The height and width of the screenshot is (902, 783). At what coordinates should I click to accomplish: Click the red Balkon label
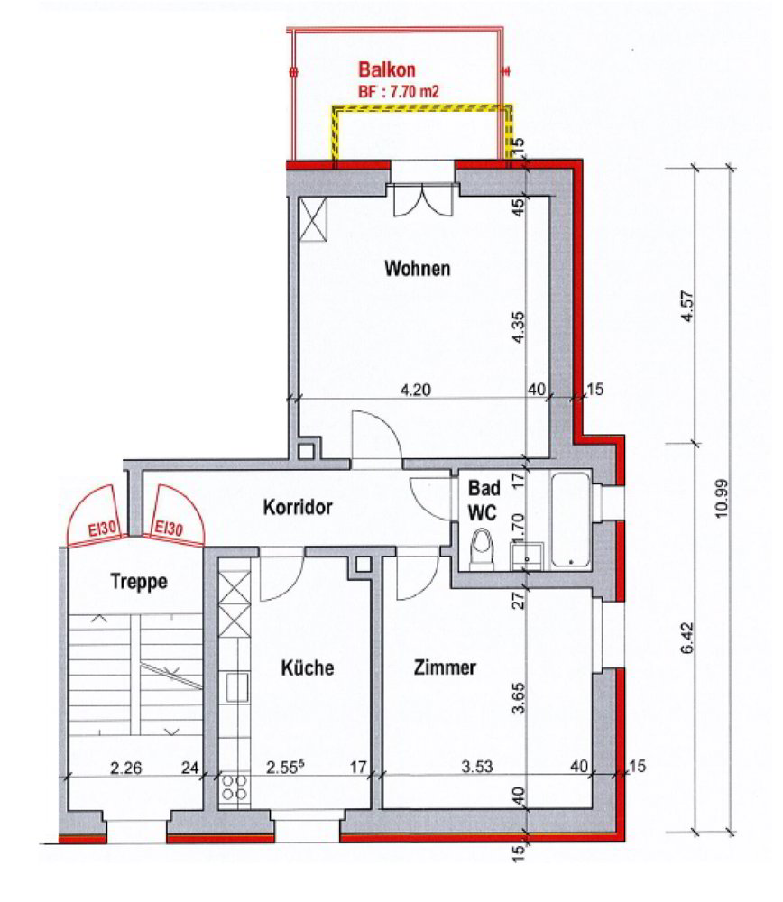click(x=387, y=69)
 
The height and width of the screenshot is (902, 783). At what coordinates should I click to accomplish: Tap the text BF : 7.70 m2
click(x=399, y=91)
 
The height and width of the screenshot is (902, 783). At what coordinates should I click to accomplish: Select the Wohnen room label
click(x=417, y=269)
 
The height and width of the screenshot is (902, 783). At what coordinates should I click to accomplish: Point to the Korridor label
click(x=298, y=507)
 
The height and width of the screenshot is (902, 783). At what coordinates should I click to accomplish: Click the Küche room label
click(x=308, y=667)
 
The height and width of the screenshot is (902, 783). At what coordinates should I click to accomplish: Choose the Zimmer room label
click(x=445, y=667)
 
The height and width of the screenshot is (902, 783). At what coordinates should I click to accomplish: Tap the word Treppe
click(x=139, y=581)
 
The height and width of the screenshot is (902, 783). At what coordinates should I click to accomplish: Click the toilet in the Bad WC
click(x=481, y=549)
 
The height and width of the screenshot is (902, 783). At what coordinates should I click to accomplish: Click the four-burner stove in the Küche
click(x=235, y=787)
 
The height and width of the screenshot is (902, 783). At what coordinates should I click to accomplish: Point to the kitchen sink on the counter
click(x=236, y=687)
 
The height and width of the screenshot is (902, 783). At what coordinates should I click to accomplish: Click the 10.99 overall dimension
click(x=722, y=498)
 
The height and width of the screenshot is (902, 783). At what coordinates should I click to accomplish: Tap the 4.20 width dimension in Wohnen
click(x=415, y=390)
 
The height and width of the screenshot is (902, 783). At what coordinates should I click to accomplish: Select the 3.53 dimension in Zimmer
click(x=477, y=767)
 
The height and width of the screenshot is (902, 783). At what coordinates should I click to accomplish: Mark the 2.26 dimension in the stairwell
click(x=126, y=768)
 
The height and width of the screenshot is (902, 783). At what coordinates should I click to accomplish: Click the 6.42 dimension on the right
click(x=687, y=638)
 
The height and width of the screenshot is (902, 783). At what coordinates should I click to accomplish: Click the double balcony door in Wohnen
click(x=422, y=200)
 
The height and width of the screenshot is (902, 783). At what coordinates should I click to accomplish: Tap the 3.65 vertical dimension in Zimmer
click(x=519, y=698)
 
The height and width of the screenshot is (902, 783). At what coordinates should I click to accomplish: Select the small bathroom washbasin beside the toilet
click(x=527, y=556)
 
